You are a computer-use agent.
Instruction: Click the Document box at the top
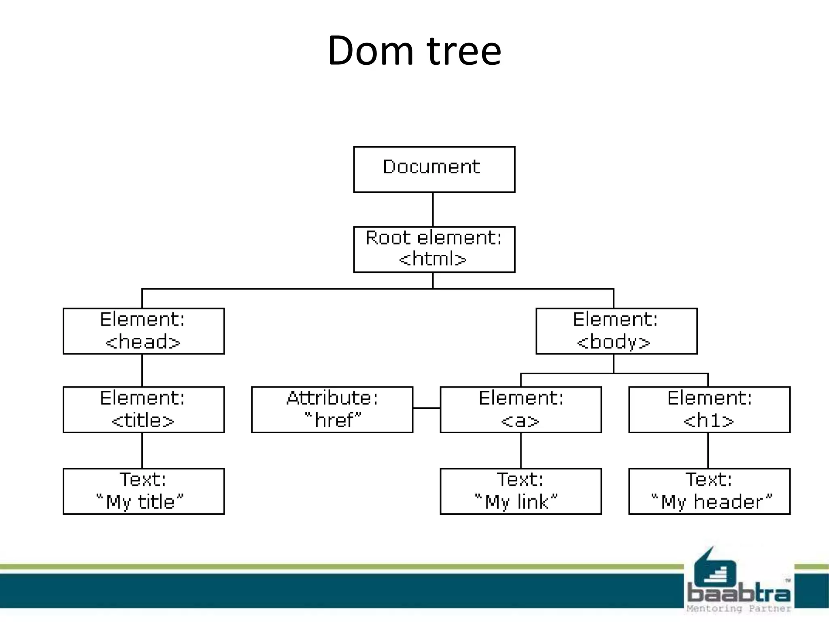434,169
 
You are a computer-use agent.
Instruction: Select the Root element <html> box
434,249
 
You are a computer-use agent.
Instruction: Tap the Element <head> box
143,331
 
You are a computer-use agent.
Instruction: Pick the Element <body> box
616,331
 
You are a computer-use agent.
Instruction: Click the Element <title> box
143,409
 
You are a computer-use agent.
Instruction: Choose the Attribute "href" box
332,409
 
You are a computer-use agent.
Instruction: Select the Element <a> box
521,409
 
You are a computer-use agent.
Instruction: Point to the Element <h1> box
709,409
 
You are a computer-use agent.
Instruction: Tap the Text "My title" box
143,491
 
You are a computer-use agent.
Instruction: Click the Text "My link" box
521,491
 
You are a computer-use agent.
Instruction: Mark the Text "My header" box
709,491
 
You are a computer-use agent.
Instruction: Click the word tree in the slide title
464,51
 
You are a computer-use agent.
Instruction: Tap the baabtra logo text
739,594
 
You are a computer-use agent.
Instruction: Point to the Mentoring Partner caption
738,609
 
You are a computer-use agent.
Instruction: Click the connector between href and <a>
426,408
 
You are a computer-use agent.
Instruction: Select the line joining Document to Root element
433,209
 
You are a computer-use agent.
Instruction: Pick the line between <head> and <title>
142,370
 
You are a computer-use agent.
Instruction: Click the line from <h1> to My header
708,450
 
